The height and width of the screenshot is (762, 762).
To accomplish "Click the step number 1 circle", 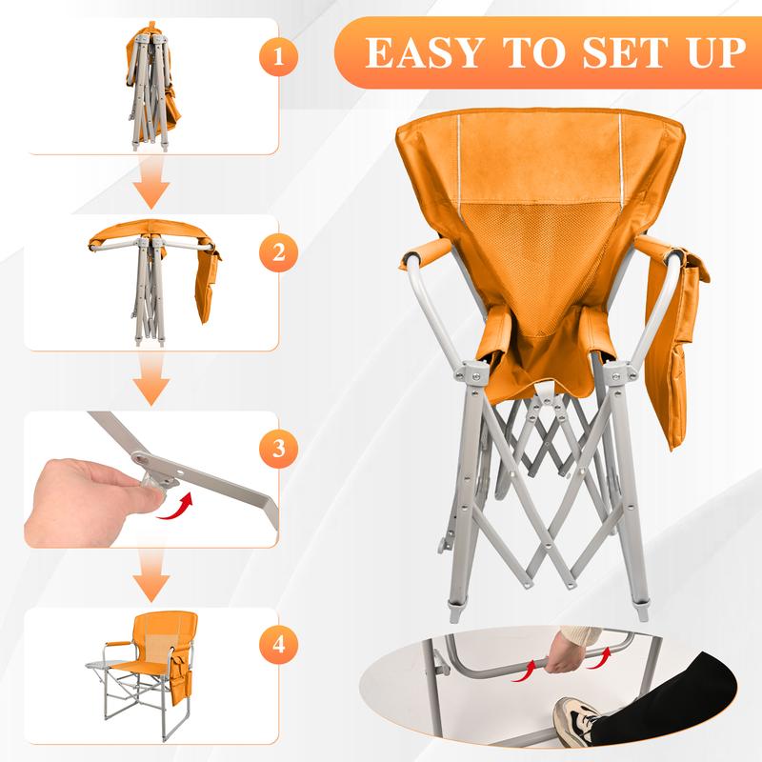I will pos(277,55).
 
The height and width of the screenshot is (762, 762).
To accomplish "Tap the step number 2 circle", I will pos(278,253).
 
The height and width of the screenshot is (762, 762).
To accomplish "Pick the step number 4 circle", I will pos(277,643).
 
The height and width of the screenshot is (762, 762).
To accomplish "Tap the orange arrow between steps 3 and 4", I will pos(150,578).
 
